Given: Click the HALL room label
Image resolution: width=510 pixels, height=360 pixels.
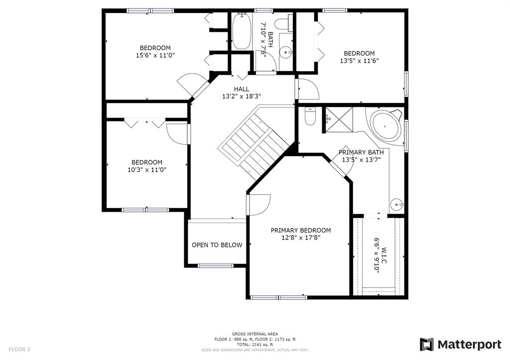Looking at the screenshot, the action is point(242,89).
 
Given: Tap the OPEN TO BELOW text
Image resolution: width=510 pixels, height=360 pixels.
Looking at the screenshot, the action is point(217,245).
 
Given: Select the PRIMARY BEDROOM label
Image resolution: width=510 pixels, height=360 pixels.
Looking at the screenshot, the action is point(301,230).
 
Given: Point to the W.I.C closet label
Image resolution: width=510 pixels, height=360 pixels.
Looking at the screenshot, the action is point(384,255).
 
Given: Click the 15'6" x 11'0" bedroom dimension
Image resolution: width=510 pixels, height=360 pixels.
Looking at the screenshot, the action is point(155,55).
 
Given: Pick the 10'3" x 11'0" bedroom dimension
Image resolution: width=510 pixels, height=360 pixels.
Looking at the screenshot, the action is point(147,169).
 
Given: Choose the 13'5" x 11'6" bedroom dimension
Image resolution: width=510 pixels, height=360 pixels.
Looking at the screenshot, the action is point(360,60).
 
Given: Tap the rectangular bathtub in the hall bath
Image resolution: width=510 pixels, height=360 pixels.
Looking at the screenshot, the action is point(242,31).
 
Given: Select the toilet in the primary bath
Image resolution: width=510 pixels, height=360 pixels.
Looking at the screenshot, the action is point(310,116).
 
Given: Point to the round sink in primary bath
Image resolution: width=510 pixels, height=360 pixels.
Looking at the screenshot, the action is point(397,205).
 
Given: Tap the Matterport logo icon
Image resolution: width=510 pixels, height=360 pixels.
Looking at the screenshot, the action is point(426,345).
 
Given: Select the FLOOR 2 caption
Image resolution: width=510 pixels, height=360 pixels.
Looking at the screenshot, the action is point(19,350).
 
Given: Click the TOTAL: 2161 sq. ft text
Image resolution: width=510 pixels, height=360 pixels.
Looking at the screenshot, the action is point(255,345).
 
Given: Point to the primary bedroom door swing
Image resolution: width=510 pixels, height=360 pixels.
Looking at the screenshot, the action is point(259,205).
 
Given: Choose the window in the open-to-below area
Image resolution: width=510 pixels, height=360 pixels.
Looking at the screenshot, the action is point(216,266).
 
